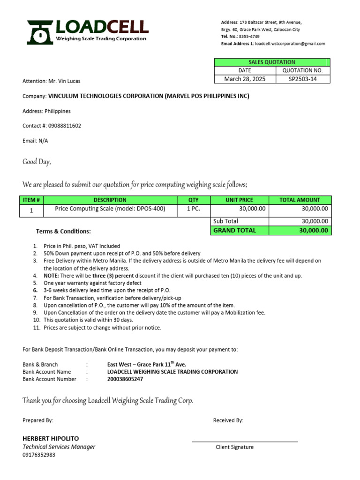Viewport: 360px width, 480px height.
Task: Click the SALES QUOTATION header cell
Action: [x=272, y=62]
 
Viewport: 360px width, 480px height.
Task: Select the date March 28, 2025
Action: [x=244, y=79]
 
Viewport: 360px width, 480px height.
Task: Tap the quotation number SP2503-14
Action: [x=303, y=79]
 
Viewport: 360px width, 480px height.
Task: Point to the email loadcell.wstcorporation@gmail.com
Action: [x=290, y=44]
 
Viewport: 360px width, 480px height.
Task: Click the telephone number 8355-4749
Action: [x=249, y=37]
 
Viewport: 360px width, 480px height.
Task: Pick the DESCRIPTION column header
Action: [x=110, y=200]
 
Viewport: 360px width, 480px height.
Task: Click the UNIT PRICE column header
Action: [x=239, y=200]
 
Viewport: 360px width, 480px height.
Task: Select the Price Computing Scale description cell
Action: [x=110, y=209]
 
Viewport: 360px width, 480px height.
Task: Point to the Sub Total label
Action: [x=226, y=221]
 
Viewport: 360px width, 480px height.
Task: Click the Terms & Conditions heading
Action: [x=63, y=232]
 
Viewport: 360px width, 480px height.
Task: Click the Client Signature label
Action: [x=234, y=447]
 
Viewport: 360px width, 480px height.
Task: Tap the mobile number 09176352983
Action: [x=39, y=455]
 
